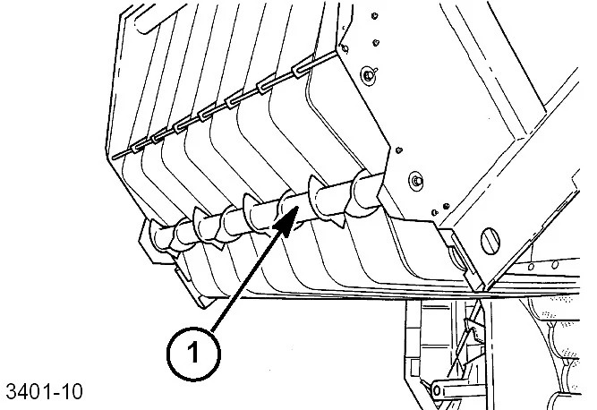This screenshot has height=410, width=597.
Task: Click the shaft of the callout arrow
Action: click(x=251, y=278)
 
